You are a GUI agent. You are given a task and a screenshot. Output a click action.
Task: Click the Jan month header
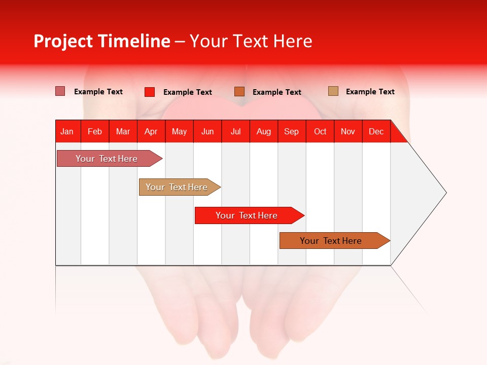coord(67,131)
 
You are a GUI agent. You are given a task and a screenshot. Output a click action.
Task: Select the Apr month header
coord(151,131)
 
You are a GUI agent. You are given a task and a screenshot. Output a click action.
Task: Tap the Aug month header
coord(264,131)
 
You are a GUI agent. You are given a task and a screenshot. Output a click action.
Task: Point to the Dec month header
coord(376,131)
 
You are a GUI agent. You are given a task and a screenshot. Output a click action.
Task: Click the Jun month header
coord(207,131)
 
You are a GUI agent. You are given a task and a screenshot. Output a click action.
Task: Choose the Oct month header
coord(320,131)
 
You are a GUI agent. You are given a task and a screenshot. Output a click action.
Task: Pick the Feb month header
coord(95,131)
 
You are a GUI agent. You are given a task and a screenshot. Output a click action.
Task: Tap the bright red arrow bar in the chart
coord(247,215)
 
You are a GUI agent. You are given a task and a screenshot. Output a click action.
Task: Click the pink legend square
coord(60,91)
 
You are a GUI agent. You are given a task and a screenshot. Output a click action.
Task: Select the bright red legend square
coord(150,92)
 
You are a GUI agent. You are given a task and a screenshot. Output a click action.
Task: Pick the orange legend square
coord(239,92)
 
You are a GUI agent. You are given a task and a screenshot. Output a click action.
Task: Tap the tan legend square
coord(333,91)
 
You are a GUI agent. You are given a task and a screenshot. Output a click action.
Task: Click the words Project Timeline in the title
coord(101,41)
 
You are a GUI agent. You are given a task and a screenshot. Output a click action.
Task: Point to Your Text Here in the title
coord(251,41)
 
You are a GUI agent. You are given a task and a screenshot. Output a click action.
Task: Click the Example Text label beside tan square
coord(370,91)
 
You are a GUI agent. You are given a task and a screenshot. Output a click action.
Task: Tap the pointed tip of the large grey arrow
coord(445,193)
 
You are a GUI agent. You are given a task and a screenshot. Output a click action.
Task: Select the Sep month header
coord(292,131)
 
